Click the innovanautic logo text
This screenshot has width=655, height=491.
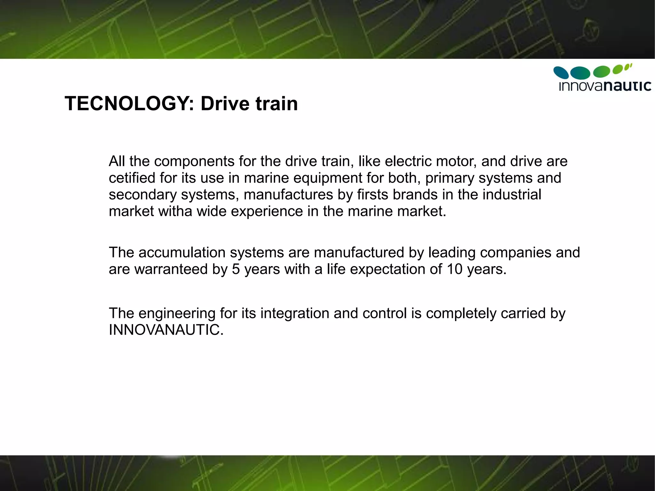(605, 86)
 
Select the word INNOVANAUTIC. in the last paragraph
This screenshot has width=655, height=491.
(166, 330)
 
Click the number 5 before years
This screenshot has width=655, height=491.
(236, 269)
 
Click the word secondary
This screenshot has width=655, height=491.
(143, 195)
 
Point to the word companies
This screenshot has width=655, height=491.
(516, 253)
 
